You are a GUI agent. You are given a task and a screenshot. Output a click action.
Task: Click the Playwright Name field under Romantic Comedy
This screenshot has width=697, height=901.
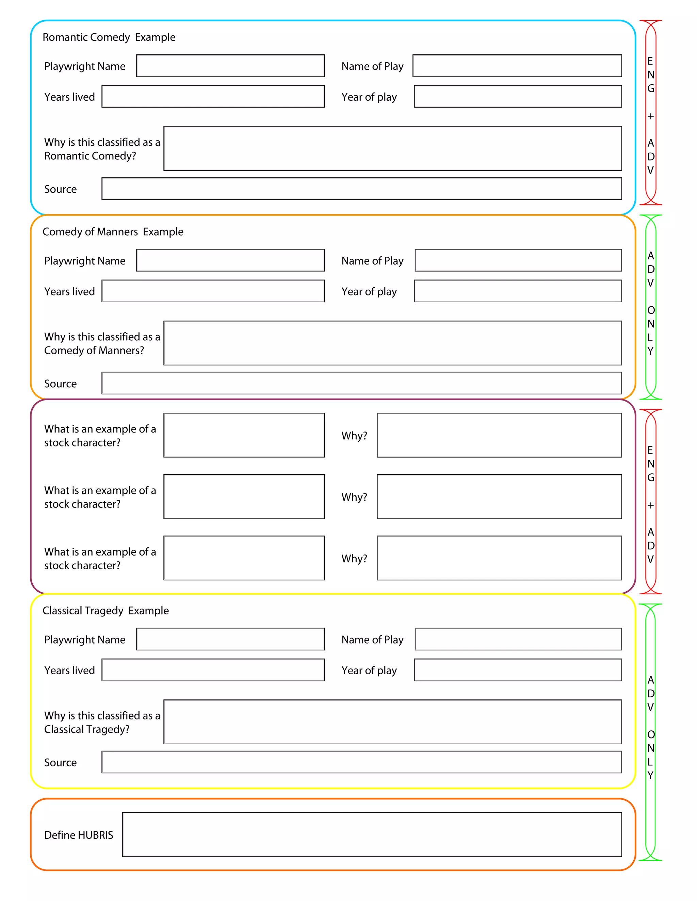coord(230,66)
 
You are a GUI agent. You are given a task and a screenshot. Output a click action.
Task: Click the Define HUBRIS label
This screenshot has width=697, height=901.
coord(79,835)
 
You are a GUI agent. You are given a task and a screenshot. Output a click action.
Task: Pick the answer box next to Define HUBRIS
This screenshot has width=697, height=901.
coord(372,835)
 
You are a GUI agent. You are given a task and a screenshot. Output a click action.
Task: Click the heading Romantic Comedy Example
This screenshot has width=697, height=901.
coord(109,37)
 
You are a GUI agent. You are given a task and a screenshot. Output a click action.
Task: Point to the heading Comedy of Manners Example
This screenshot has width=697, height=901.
coord(113,232)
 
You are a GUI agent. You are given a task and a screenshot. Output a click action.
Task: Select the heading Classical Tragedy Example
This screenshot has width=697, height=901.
coord(106,611)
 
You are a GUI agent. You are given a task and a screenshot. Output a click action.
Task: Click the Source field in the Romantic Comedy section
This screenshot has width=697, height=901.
coord(361,189)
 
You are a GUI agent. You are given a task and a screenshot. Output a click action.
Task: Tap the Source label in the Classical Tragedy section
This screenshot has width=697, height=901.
coord(60,762)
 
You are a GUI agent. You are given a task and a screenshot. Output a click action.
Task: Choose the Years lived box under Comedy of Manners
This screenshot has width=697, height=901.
coord(213,291)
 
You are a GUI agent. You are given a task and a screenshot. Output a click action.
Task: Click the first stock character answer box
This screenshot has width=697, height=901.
coord(244,435)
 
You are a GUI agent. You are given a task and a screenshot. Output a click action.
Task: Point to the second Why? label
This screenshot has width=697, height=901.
coord(354,497)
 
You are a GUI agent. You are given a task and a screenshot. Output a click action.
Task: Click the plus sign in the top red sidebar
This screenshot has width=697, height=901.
coord(650,116)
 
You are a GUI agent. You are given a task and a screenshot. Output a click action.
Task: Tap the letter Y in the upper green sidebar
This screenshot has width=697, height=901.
coord(650,351)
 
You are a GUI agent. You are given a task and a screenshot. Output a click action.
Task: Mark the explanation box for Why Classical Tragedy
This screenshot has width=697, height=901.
coord(392,722)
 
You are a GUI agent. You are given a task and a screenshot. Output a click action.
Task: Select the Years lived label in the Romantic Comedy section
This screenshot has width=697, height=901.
coord(69,97)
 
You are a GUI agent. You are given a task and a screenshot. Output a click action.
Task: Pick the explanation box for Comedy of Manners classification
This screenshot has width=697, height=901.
coord(392,343)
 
